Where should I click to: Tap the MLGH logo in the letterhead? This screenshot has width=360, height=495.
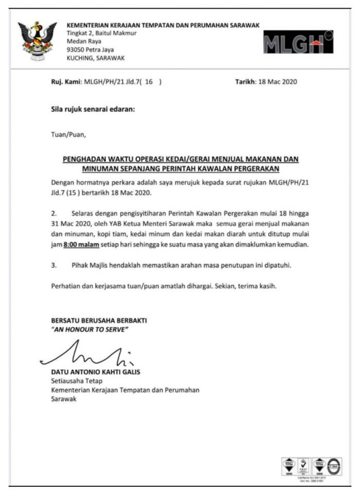click(x=298, y=42)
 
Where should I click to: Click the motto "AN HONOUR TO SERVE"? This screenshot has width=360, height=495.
click(x=89, y=329)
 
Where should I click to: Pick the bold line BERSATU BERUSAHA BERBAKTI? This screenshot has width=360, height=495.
click(x=99, y=321)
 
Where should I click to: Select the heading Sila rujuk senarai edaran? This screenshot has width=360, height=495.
click(x=93, y=109)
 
